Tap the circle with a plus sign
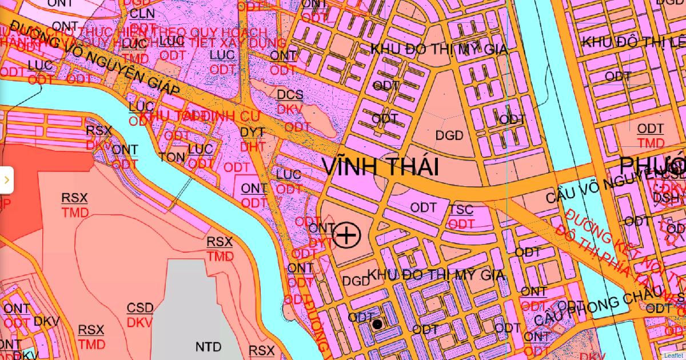tap(346, 235)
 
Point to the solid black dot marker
tap(377, 325)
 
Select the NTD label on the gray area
tap(208, 347)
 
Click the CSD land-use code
tap(140, 309)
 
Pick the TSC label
tap(461, 209)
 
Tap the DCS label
tap(290, 95)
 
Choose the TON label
tap(173, 157)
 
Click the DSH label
tap(667, 198)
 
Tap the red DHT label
tap(252, 147)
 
